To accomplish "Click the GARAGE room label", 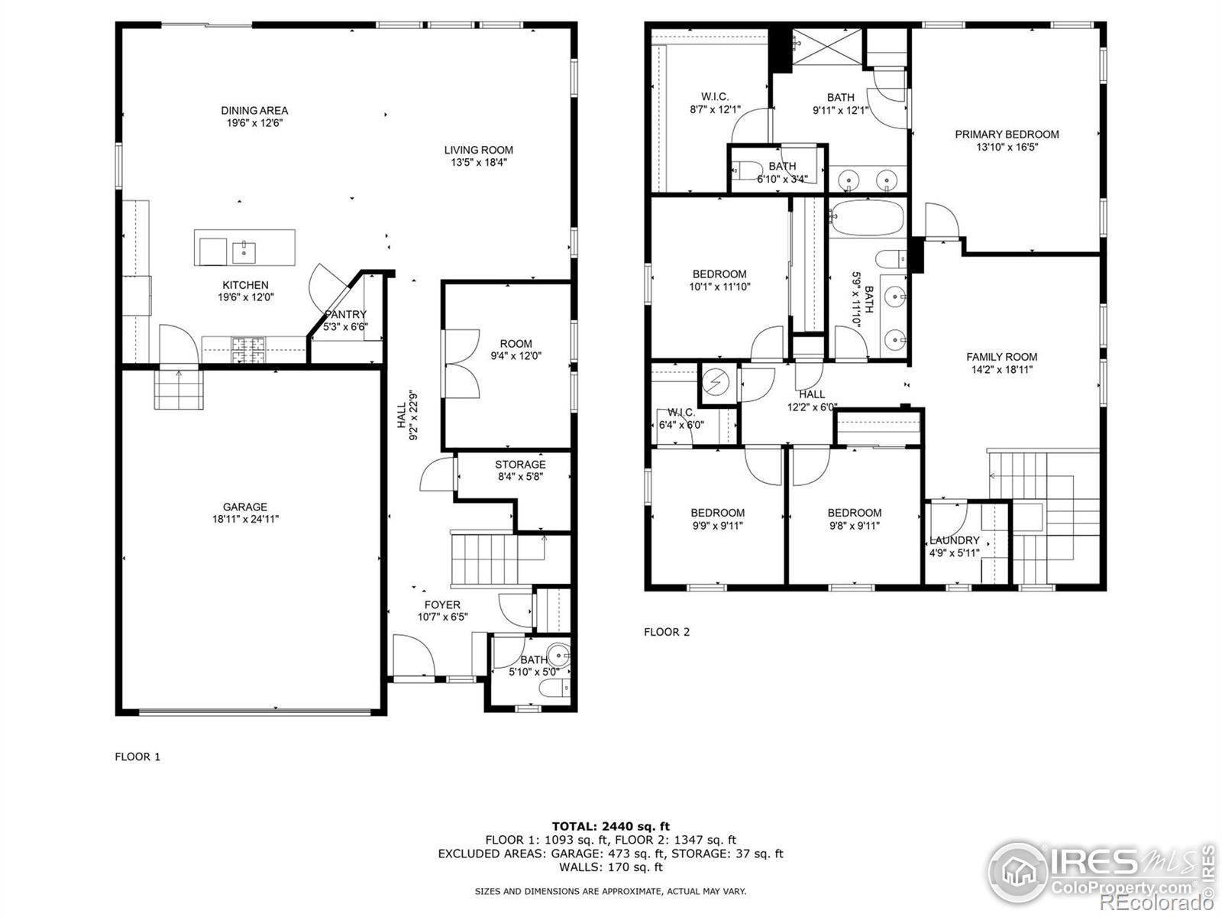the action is tap(245, 507).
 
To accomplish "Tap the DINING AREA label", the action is tap(254, 110).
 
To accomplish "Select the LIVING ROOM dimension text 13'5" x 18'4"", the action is tap(479, 163).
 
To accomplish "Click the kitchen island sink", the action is tap(244, 252).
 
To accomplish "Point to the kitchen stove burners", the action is tap(248, 350).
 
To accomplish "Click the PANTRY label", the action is tap(345, 315).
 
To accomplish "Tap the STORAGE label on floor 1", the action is tap(521, 465).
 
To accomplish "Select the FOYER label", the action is tap(442, 604).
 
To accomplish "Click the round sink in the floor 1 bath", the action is tap(558, 654).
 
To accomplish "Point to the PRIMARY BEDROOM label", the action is tap(1007, 134).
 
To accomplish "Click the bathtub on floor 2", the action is tap(867, 218).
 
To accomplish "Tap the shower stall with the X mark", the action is tap(826, 46).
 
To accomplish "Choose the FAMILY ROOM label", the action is tap(1001, 357).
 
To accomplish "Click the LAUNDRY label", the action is tap(955, 540).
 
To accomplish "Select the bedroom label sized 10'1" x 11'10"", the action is tap(719, 274).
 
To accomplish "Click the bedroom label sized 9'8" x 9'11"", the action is tap(855, 513).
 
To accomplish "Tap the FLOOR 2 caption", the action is tap(667, 632).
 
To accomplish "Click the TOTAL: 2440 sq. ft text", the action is tap(611, 826).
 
